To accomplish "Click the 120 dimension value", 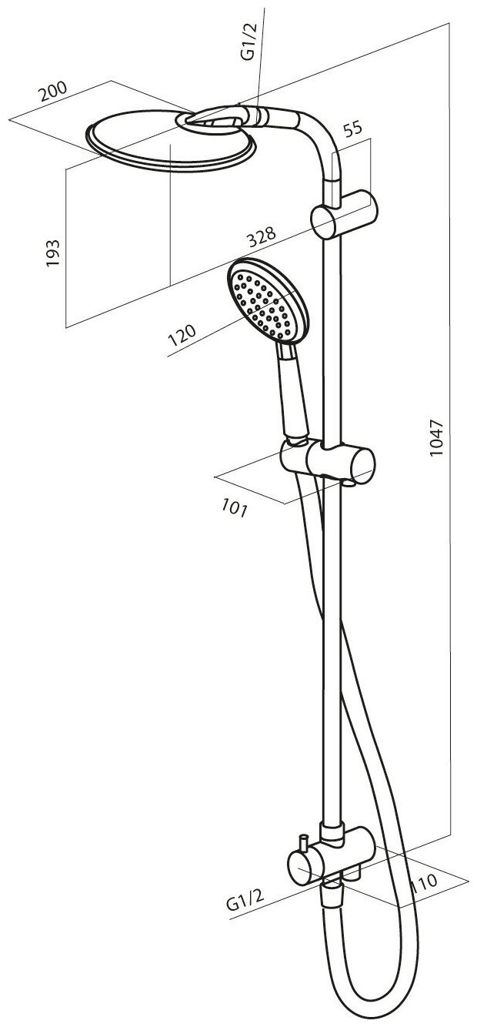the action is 182,336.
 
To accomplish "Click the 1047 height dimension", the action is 438,440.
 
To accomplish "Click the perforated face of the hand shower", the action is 262,302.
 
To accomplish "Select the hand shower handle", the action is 295,393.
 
